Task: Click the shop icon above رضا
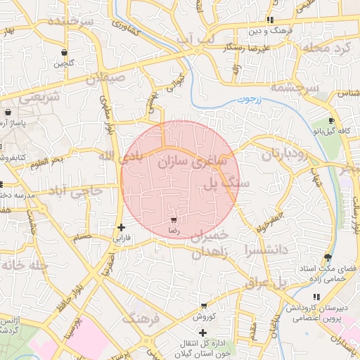tap(174, 220)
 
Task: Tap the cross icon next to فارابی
tap(122, 227)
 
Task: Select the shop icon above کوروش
tap(204, 306)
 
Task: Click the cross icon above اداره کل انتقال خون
tap(203, 332)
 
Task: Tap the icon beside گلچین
tap(65, 53)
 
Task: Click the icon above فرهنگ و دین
tap(271, 20)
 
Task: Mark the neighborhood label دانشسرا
tap(264, 249)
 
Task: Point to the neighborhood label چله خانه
tap(24, 265)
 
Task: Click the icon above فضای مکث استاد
tap(328, 257)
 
